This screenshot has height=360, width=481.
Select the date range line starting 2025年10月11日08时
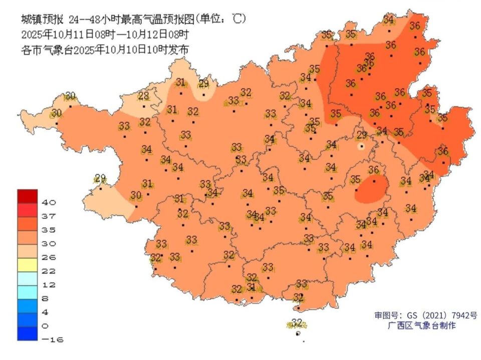point(105,35)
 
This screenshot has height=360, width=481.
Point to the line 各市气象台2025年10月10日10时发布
point(105,50)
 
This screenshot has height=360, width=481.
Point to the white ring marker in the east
point(361,147)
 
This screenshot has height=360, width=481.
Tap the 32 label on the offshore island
point(297,322)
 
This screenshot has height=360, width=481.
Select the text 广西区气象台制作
point(421,326)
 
